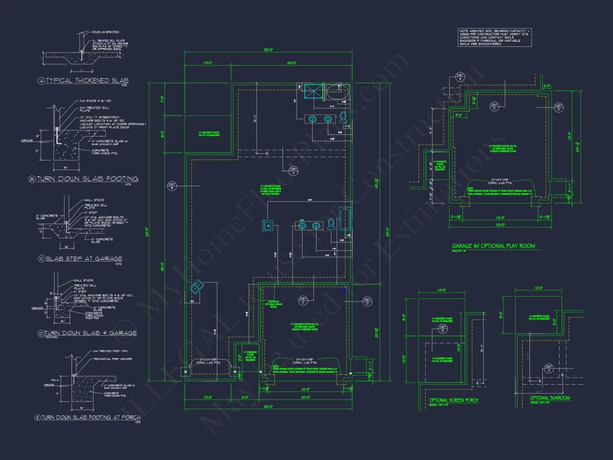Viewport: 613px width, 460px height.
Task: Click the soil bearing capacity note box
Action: click(x=494, y=38)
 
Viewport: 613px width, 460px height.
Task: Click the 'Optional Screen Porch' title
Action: click(x=454, y=400)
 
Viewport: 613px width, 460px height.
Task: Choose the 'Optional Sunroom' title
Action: click(x=551, y=398)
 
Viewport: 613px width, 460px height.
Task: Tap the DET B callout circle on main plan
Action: click(x=172, y=185)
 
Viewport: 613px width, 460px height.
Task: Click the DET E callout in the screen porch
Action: click(x=443, y=330)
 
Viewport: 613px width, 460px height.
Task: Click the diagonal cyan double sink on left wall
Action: click(x=197, y=288)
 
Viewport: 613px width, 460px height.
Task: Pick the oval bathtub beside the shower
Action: click(x=337, y=91)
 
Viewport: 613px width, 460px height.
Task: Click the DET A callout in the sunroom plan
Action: click(x=548, y=369)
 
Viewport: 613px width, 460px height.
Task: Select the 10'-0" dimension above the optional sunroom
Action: click(x=538, y=288)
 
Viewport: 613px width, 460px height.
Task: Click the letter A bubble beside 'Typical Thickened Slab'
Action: click(x=41, y=81)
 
